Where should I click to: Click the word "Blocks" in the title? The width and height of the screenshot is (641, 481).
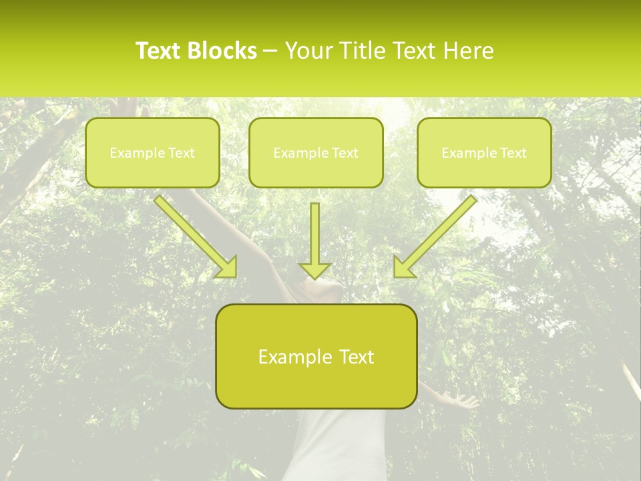[x=224, y=51]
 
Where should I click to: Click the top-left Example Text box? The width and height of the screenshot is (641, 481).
[x=152, y=152]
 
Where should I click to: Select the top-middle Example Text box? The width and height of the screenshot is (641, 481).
[x=316, y=152]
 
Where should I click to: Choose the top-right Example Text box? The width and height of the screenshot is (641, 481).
[x=484, y=152]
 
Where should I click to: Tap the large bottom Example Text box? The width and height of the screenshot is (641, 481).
[x=316, y=356]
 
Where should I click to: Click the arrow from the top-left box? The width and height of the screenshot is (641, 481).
[x=194, y=234]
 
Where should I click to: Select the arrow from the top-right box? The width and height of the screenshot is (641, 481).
[x=437, y=234]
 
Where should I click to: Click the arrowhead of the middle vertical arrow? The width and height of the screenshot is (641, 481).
[x=314, y=270]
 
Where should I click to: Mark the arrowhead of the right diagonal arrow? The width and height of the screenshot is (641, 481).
[x=403, y=267]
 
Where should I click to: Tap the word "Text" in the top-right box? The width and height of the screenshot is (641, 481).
[x=513, y=153]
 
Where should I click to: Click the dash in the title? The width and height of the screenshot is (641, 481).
[x=270, y=51]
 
